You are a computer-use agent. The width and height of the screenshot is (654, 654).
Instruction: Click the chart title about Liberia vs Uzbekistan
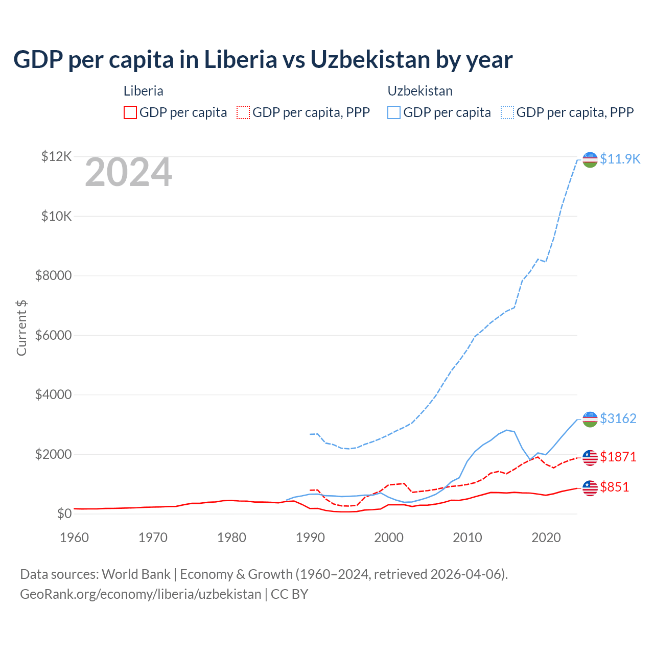[x=263, y=60]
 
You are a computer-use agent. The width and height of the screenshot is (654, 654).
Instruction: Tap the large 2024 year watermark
[x=128, y=172]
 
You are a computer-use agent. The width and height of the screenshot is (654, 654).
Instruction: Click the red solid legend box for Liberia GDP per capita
[x=130, y=112]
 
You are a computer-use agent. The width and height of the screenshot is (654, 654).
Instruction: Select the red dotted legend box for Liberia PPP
[x=243, y=112]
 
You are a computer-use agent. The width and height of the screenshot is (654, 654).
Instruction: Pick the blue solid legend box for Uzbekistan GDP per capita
[x=394, y=112]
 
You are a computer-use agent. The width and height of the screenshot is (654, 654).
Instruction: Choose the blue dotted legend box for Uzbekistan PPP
[x=507, y=112]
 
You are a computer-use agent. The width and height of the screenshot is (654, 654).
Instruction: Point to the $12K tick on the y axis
[x=56, y=156]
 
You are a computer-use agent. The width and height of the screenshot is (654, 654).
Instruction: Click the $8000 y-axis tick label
[x=53, y=276]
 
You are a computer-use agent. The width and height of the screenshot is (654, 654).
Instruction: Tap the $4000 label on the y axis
[x=53, y=395]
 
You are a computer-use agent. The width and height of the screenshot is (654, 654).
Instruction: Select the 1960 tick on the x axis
[x=75, y=538]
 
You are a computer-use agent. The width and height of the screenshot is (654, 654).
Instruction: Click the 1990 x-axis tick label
[x=311, y=538]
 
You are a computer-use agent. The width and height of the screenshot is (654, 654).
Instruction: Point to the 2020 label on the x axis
[x=546, y=538]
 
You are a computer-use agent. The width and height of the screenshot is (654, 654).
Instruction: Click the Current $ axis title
[x=21, y=328]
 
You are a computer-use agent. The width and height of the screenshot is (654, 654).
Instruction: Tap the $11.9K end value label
[x=620, y=159]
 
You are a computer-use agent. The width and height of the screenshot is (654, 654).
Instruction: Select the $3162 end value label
[x=618, y=418]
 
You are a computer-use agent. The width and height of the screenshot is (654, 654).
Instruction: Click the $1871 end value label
[x=618, y=457]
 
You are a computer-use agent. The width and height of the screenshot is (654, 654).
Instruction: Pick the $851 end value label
[x=615, y=487]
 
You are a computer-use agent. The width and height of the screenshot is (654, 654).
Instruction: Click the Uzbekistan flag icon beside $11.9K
[x=590, y=159]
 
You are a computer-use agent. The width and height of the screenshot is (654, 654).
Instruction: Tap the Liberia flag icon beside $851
[x=590, y=488]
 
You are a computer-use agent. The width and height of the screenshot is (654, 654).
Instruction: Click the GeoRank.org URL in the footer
[x=141, y=594]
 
